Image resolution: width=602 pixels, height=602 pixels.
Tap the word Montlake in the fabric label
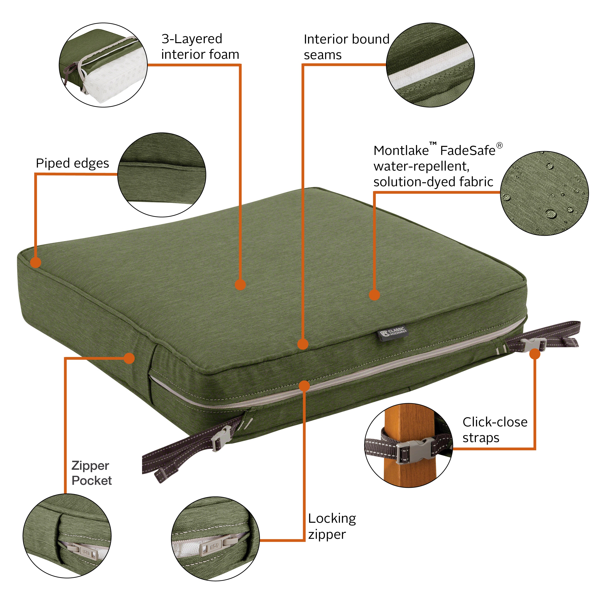pyautogui.click(x=401, y=151)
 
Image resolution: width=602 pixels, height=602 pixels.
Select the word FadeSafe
pyautogui.click(x=467, y=151)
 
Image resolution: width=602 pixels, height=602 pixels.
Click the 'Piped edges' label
pyautogui.click(x=72, y=163)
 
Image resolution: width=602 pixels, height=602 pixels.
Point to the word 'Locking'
pyautogui.click(x=332, y=518)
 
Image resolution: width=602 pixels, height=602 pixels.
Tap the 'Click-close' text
pyautogui.click(x=495, y=422)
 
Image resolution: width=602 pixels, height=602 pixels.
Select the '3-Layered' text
pyautogui.click(x=192, y=39)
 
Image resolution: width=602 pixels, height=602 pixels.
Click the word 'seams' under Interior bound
pyautogui.click(x=322, y=55)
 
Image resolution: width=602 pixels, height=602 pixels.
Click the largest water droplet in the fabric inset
pyautogui.click(x=551, y=214)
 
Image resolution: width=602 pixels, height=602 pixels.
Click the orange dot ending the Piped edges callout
pyautogui.click(x=36, y=262)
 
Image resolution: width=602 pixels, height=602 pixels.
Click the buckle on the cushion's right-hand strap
pyautogui.click(x=533, y=345)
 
